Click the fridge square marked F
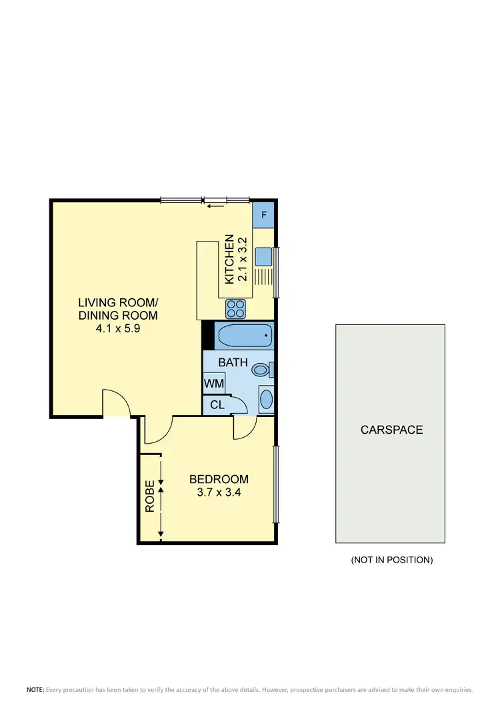click(x=264, y=216)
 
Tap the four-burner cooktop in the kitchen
click(x=237, y=308)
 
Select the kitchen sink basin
click(x=262, y=257)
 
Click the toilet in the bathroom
click(x=261, y=368)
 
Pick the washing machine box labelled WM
click(x=215, y=384)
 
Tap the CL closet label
click(x=217, y=404)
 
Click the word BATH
click(x=233, y=363)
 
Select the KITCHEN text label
click(x=229, y=259)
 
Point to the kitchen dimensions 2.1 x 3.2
click(x=243, y=259)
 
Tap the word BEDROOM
click(x=219, y=479)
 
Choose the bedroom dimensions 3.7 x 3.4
click(x=219, y=493)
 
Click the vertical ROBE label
click(x=150, y=496)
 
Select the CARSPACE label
click(x=392, y=430)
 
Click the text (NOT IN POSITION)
click(x=392, y=560)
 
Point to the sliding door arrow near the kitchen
click(x=214, y=206)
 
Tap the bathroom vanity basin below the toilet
click(x=266, y=400)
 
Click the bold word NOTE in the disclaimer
click(x=35, y=689)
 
